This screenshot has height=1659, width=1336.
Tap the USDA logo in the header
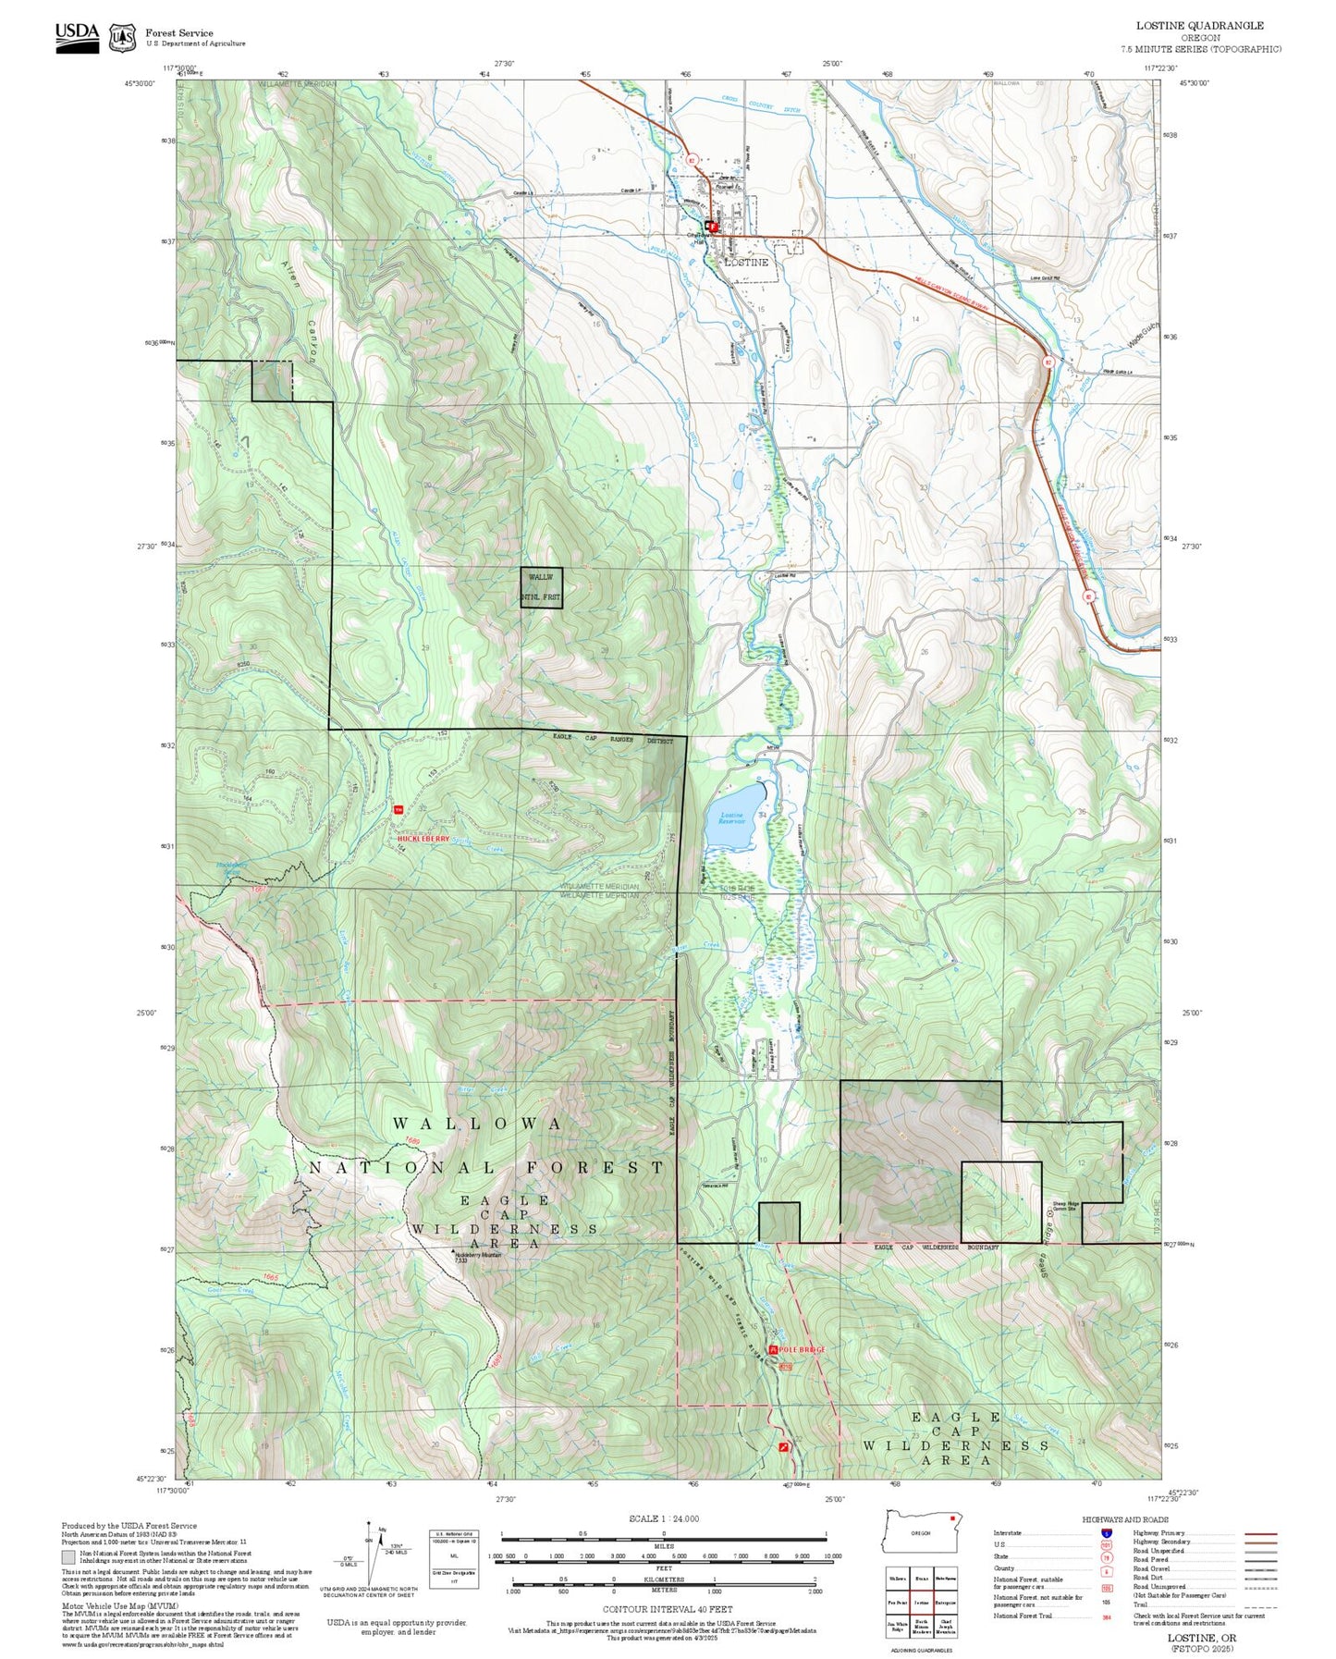[77, 37]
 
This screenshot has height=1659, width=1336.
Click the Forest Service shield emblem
[122, 38]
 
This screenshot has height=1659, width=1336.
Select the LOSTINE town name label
[746, 263]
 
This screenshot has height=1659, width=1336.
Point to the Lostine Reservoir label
[731, 818]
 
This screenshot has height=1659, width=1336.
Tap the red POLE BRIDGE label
[801, 1349]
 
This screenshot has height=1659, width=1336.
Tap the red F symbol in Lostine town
[713, 225]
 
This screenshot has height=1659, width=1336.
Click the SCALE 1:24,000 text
[663, 1518]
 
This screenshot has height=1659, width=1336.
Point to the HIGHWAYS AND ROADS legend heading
[1124, 1519]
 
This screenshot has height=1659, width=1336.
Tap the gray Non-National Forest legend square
[68, 1557]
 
